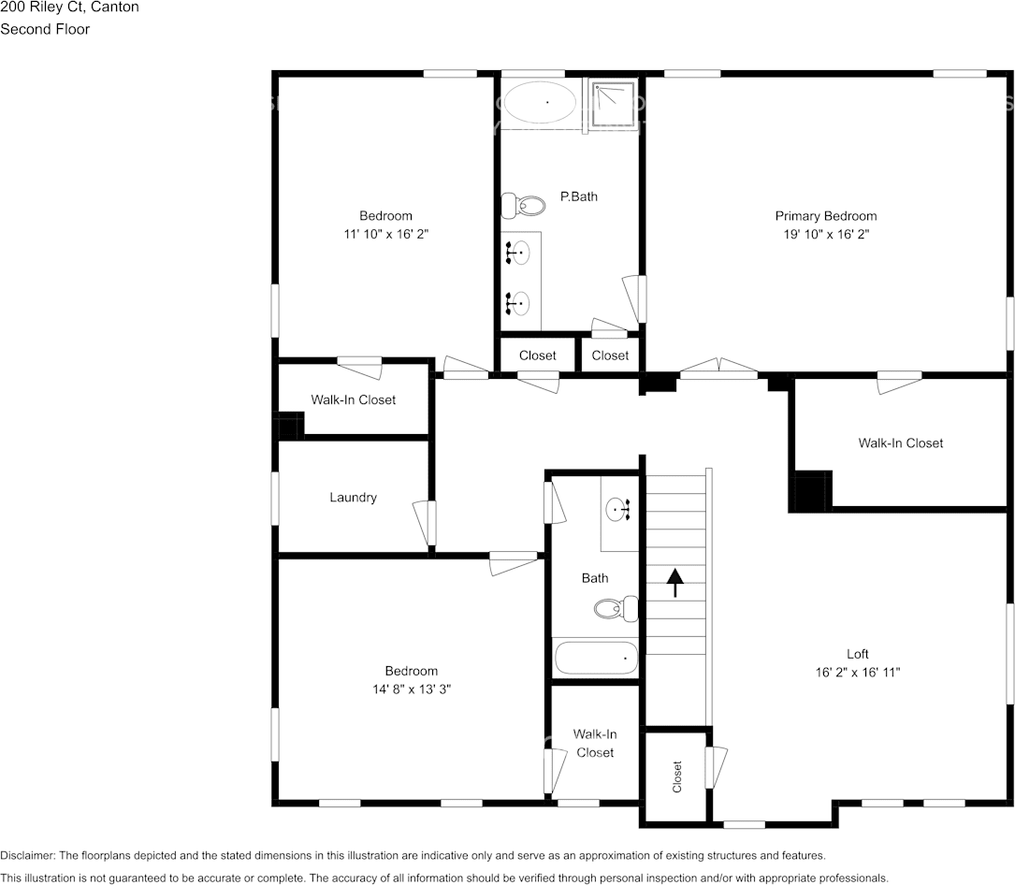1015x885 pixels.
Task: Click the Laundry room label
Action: [353, 498]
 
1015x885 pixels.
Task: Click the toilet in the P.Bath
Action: [524, 204]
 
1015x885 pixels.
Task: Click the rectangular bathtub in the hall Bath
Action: [596, 658]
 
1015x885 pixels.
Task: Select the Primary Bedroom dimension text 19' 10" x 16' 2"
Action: [825, 235]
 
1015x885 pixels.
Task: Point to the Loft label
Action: [858, 654]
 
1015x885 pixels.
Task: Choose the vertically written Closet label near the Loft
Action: [677, 777]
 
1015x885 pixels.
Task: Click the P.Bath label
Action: [578, 196]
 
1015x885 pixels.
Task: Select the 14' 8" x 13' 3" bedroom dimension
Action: [412, 689]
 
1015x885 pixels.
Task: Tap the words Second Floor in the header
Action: [45, 29]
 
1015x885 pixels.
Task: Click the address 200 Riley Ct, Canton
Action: [69, 7]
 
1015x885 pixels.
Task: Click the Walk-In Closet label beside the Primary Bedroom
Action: [900, 442]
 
